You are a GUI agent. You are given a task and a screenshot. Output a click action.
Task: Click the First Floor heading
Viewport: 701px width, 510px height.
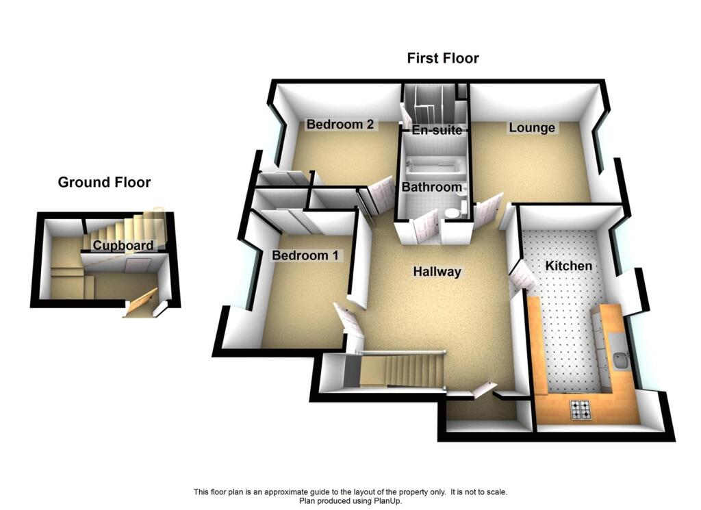coord(443,58)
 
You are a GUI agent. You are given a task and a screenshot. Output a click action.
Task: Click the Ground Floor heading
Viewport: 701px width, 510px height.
coord(104,182)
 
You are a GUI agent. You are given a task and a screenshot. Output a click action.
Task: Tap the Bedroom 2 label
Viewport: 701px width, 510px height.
coord(340,125)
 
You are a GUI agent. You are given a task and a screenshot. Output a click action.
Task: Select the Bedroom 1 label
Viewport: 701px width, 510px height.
coord(305,255)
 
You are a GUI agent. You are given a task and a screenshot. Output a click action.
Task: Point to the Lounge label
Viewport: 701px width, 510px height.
coord(532,128)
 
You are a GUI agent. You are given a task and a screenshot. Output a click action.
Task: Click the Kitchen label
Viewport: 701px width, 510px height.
coord(569,266)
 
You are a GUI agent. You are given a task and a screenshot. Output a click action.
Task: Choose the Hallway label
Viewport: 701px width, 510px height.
coord(437,272)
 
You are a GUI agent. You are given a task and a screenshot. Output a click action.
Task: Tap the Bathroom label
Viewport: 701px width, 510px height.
coord(431,187)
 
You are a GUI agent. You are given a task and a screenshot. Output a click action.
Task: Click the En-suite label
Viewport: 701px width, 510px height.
coord(436,129)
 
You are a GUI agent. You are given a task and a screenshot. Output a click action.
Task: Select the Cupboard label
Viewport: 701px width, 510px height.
coord(123,246)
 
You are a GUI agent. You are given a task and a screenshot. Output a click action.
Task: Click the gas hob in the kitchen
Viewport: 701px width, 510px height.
coord(582,409)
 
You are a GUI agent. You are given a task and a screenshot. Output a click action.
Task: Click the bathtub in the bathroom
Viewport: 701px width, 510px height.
coord(434,167)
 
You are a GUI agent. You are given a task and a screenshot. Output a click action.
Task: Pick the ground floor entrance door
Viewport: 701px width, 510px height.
coord(142,304)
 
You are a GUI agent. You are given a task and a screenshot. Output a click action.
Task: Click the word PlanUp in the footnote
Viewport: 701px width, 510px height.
coord(390,500)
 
